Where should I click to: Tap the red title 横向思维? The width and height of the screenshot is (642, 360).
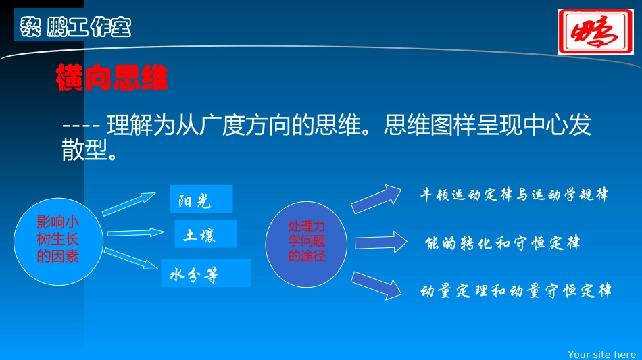[112, 79]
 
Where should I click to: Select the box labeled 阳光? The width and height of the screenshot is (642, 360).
[201, 199]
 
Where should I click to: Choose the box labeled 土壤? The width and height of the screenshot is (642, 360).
[205, 234]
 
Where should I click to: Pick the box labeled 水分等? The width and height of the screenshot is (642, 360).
[205, 274]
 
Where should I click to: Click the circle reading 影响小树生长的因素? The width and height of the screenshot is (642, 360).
[57, 239]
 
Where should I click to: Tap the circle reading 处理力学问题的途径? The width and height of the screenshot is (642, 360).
[306, 241]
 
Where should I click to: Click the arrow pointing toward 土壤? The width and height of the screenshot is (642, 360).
[135, 233]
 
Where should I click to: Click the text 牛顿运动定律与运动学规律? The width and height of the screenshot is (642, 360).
[514, 195]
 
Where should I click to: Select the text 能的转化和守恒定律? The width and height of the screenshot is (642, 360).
[502, 243]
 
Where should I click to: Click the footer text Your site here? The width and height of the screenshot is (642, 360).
[601, 354]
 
